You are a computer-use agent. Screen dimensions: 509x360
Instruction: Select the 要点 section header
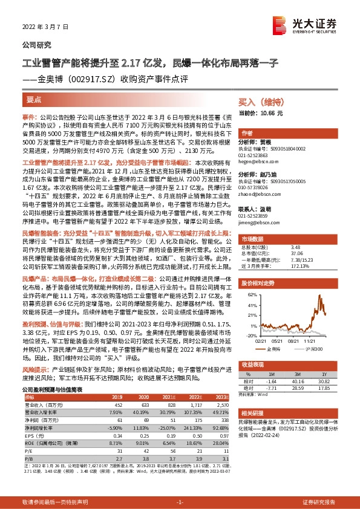point(34,98)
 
